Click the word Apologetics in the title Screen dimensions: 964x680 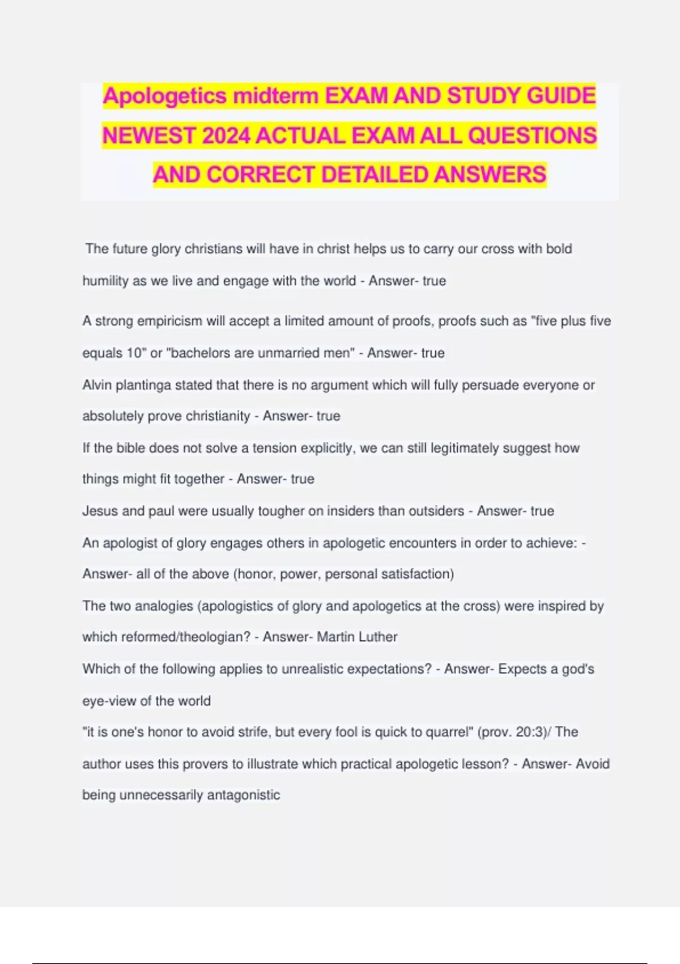click(x=165, y=96)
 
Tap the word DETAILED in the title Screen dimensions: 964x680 click(x=375, y=175)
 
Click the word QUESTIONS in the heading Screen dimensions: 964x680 click(x=533, y=136)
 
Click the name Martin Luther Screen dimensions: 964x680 click(x=357, y=637)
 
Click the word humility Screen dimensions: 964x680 click(x=105, y=281)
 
